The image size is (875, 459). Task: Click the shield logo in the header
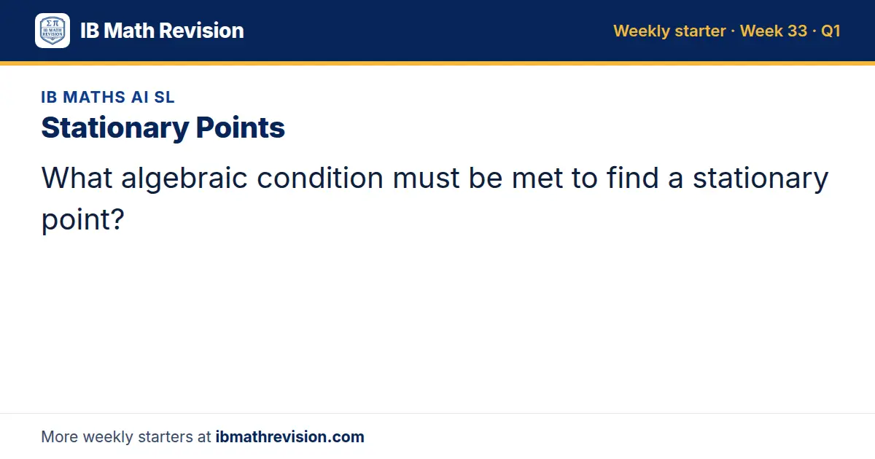(52, 31)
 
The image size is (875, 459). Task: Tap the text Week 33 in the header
(774, 31)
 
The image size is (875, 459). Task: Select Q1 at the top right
(831, 31)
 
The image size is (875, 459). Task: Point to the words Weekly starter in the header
(669, 31)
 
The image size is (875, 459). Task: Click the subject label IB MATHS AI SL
(108, 97)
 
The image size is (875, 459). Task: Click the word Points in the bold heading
(240, 127)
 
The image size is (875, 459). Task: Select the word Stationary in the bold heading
(115, 128)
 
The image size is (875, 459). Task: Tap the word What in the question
(77, 178)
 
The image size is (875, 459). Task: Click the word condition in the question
(320, 178)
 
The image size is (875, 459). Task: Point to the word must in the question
(426, 178)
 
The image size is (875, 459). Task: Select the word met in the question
(537, 178)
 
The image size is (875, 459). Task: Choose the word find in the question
(632, 178)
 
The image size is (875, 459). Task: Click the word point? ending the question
(83, 220)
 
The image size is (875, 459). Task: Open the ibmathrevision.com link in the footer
(290, 436)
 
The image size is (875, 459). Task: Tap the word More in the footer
(59, 436)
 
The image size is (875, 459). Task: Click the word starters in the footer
(166, 437)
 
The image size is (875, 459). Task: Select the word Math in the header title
(129, 31)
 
